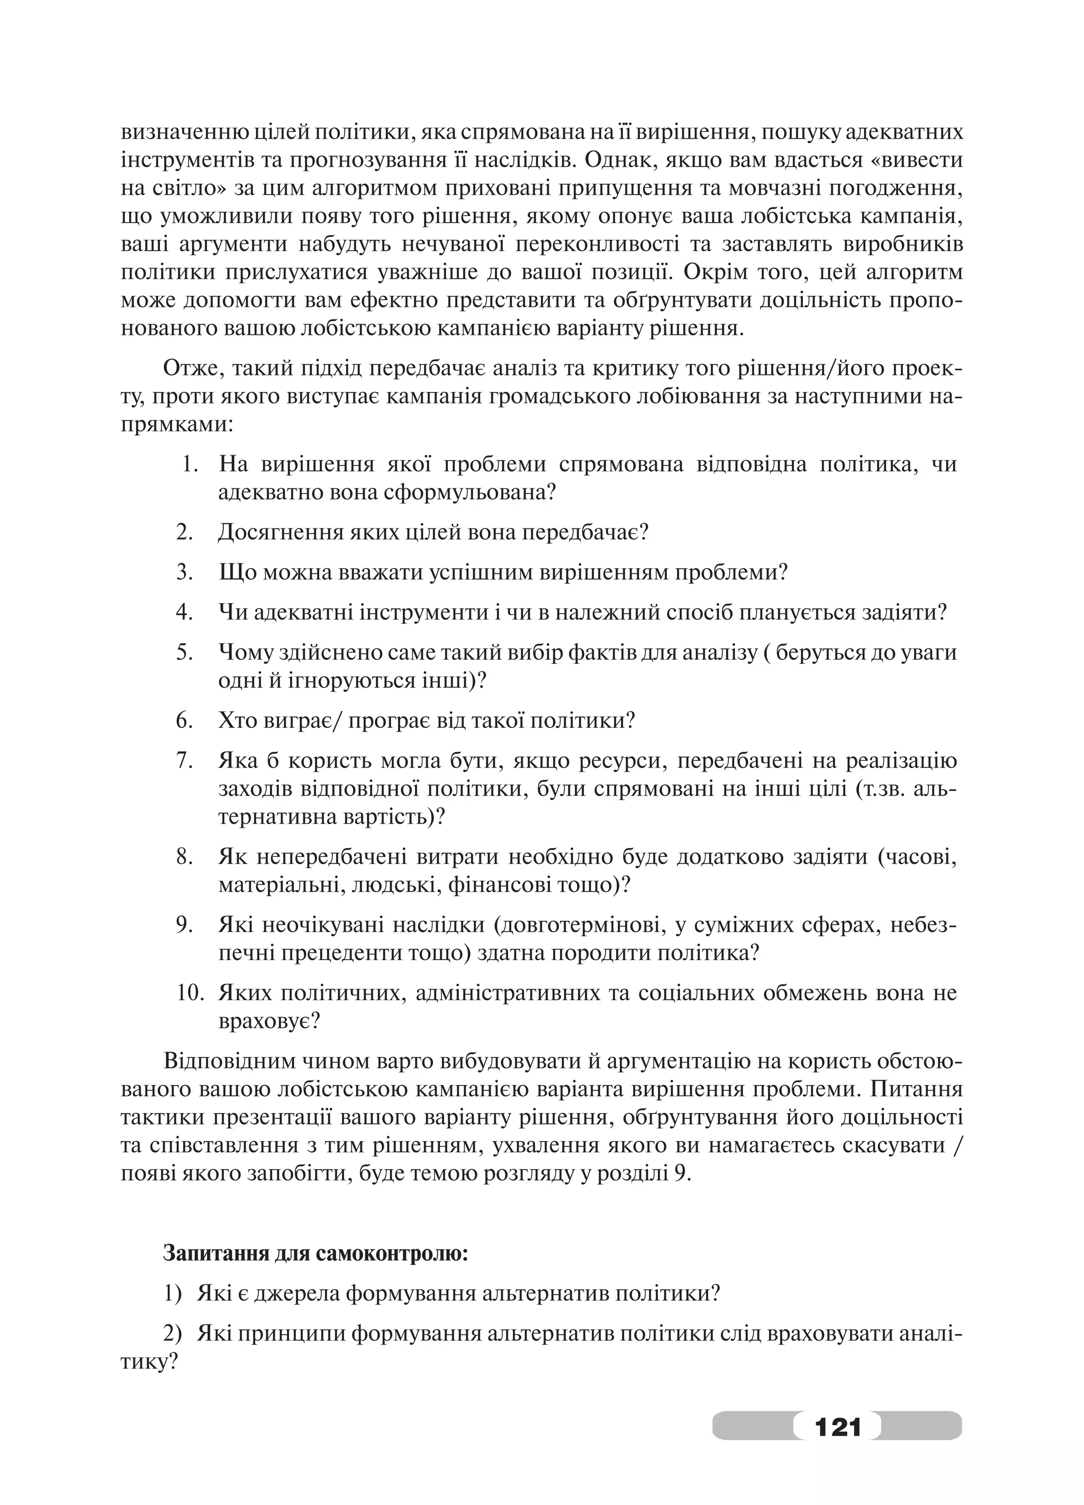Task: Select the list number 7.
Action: pyautogui.click(x=185, y=760)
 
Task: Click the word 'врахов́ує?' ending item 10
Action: pyautogui.click(x=269, y=1020)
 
